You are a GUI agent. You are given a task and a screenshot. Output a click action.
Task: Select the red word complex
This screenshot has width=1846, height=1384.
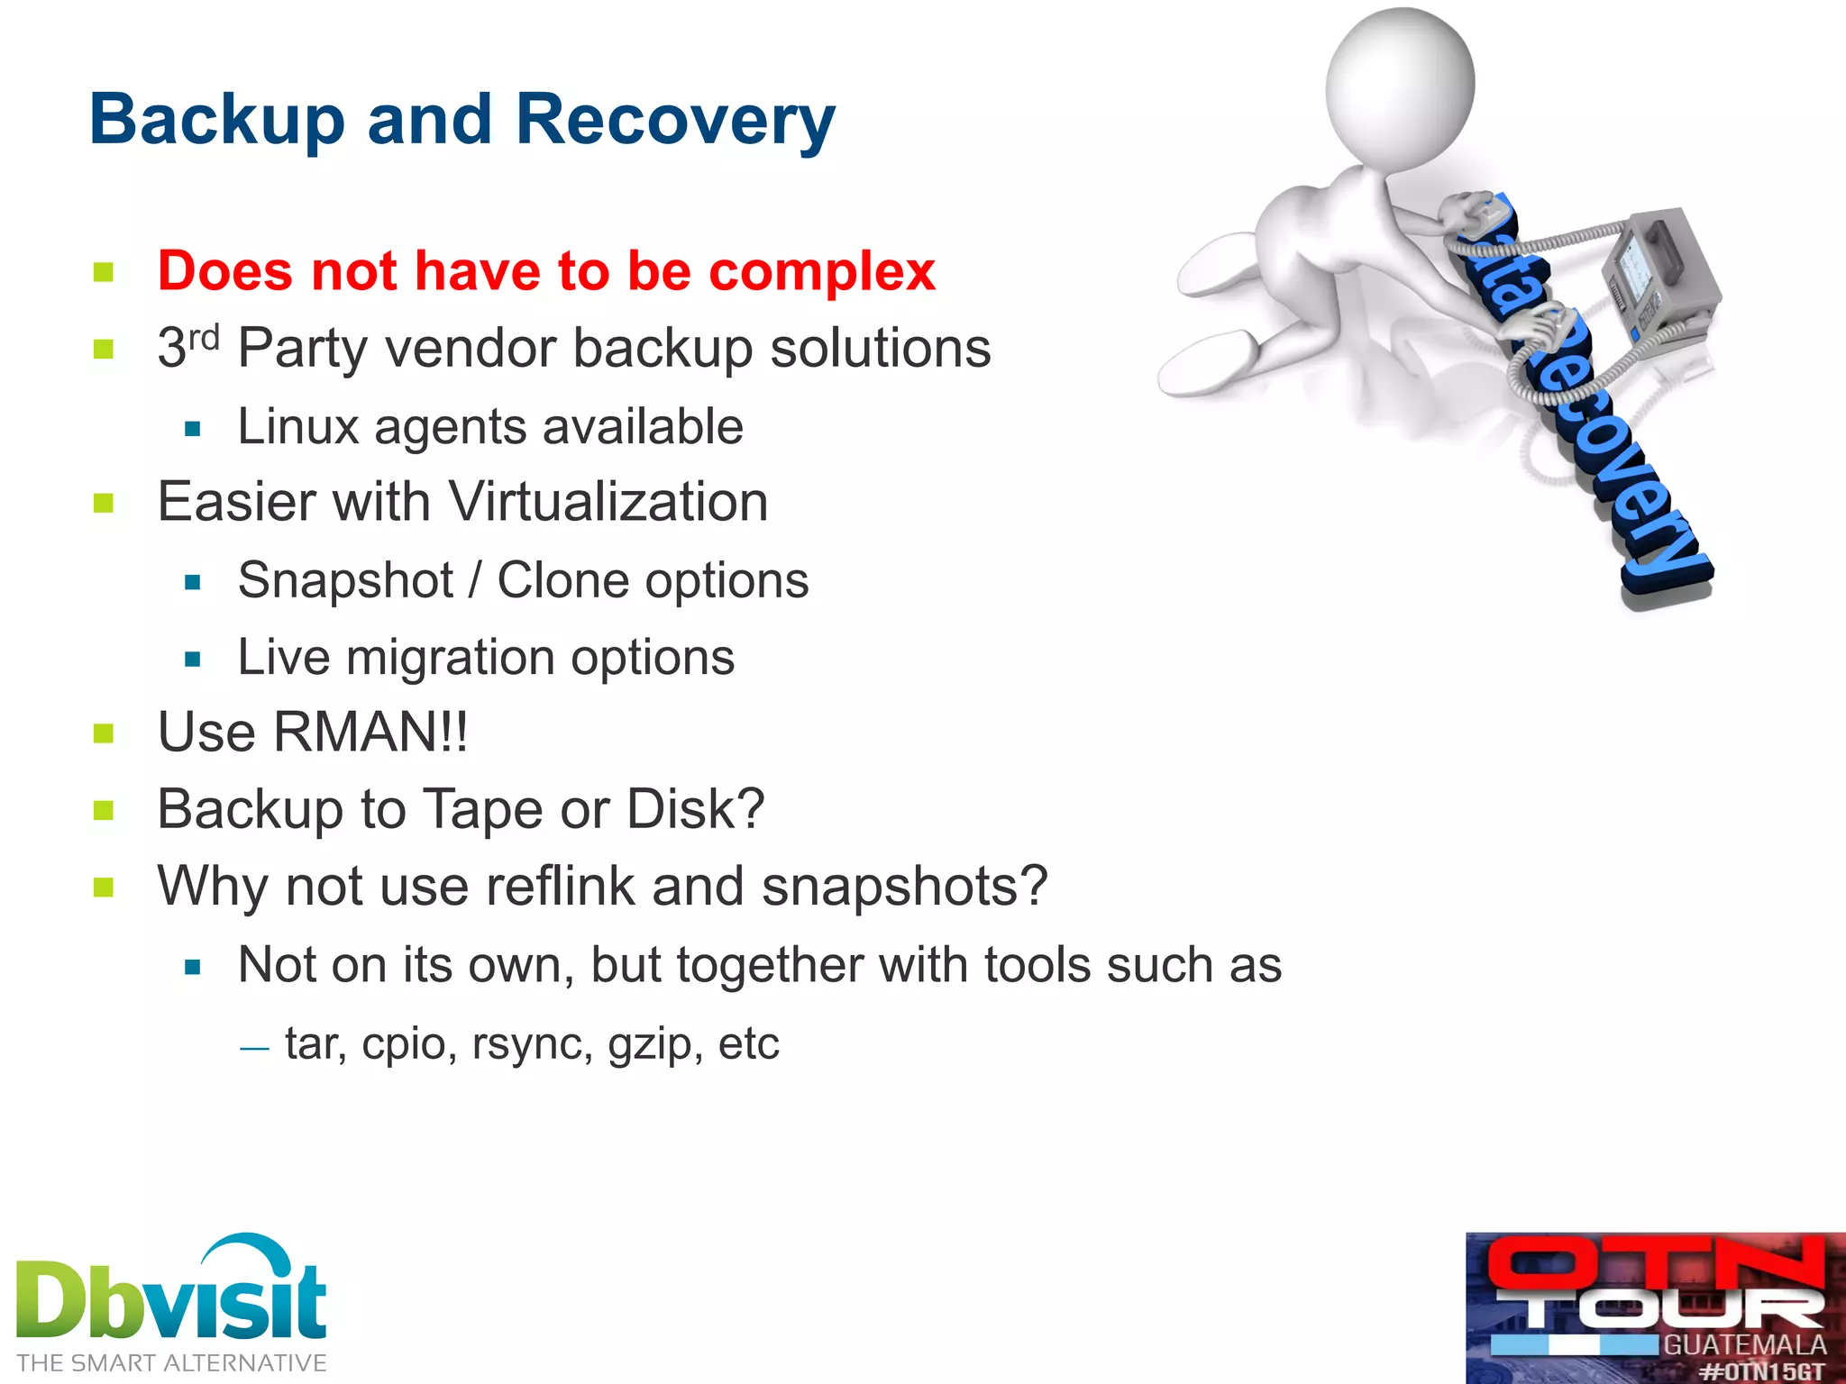[x=822, y=271]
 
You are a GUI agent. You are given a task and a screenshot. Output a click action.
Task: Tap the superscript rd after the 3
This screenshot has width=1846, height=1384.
[x=204, y=338]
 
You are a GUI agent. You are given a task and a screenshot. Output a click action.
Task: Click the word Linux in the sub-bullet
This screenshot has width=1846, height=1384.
[x=297, y=426]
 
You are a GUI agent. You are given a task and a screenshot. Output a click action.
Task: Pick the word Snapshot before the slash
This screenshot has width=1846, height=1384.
[x=345, y=579]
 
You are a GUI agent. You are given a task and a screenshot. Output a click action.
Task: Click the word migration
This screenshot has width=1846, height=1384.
[x=451, y=658]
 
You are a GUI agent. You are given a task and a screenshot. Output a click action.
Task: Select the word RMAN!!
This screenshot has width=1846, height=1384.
[x=370, y=731]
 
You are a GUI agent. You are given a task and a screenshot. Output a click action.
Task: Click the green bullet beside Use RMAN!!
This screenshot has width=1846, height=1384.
[x=104, y=733]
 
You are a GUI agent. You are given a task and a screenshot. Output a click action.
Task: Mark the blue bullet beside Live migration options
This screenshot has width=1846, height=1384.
[x=192, y=660]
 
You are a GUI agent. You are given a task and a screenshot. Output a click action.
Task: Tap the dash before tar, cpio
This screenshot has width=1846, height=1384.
[x=254, y=1048]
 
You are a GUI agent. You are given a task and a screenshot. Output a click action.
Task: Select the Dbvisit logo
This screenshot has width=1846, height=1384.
[x=171, y=1302]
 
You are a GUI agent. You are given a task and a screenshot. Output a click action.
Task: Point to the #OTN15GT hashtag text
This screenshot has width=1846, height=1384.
[x=1762, y=1370]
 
